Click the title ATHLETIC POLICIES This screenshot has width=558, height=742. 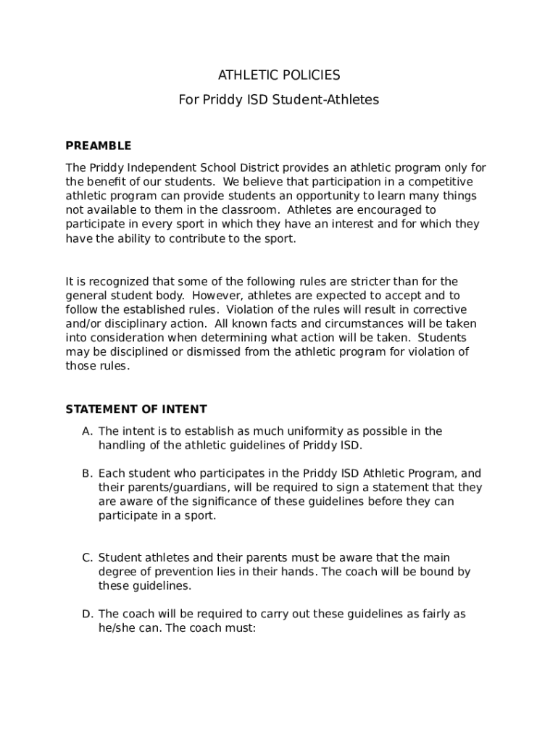[x=279, y=75]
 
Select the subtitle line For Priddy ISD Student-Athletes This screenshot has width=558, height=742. [x=279, y=100]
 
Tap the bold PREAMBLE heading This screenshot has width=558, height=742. [x=99, y=146]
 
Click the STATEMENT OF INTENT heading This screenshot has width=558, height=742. [x=136, y=409]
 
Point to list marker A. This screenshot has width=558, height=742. [x=87, y=431]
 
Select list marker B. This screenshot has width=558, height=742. [x=87, y=474]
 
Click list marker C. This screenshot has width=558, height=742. [x=87, y=558]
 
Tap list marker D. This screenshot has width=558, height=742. [x=87, y=614]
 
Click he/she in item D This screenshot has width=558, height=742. [x=120, y=628]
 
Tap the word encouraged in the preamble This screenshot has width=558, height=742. [x=388, y=210]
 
